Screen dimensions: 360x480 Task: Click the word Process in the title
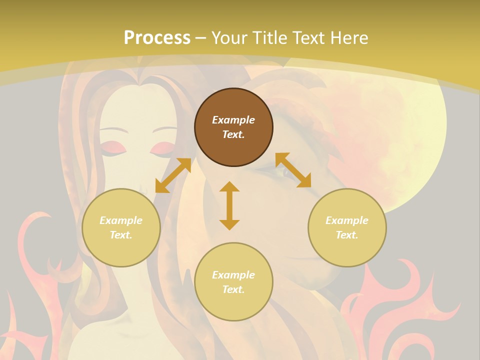pos(157,38)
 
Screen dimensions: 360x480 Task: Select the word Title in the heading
pos(267,38)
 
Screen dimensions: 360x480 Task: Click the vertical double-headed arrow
pos(229,205)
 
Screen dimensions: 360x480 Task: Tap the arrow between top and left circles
pos(173,175)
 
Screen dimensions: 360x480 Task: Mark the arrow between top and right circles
pos(293,170)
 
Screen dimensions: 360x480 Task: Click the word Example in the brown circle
pos(233,120)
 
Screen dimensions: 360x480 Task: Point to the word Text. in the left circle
pos(121,235)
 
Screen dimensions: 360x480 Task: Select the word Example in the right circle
pos(347,220)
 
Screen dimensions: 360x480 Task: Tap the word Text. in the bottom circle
pos(233,289)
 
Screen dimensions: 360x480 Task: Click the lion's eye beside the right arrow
pos(289,173)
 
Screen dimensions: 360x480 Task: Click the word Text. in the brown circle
pos(233,134)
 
